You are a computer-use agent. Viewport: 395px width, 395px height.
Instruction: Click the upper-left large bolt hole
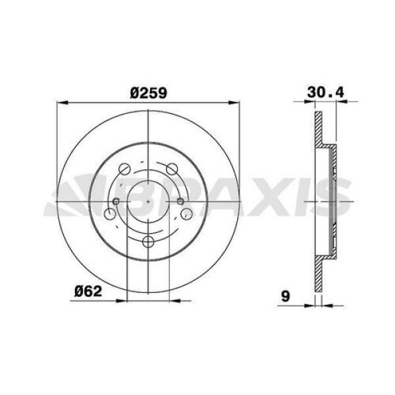[124, 169]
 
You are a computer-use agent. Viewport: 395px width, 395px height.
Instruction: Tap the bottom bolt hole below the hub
[148, 242]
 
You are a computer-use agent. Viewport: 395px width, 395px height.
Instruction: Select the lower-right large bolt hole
[186, 214]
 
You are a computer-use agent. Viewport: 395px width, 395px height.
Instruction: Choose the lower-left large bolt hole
[110, 214]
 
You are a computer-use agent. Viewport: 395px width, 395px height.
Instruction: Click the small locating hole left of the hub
[117, 201]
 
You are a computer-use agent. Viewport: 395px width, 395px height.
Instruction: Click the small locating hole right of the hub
[179, 201]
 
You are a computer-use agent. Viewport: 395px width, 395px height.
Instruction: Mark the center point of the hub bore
[148, 199]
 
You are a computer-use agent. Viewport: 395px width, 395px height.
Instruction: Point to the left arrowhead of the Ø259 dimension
[63, 102]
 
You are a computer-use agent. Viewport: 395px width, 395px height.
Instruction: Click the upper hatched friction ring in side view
[318, 132]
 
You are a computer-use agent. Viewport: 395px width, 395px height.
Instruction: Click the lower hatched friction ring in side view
[318, 270]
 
